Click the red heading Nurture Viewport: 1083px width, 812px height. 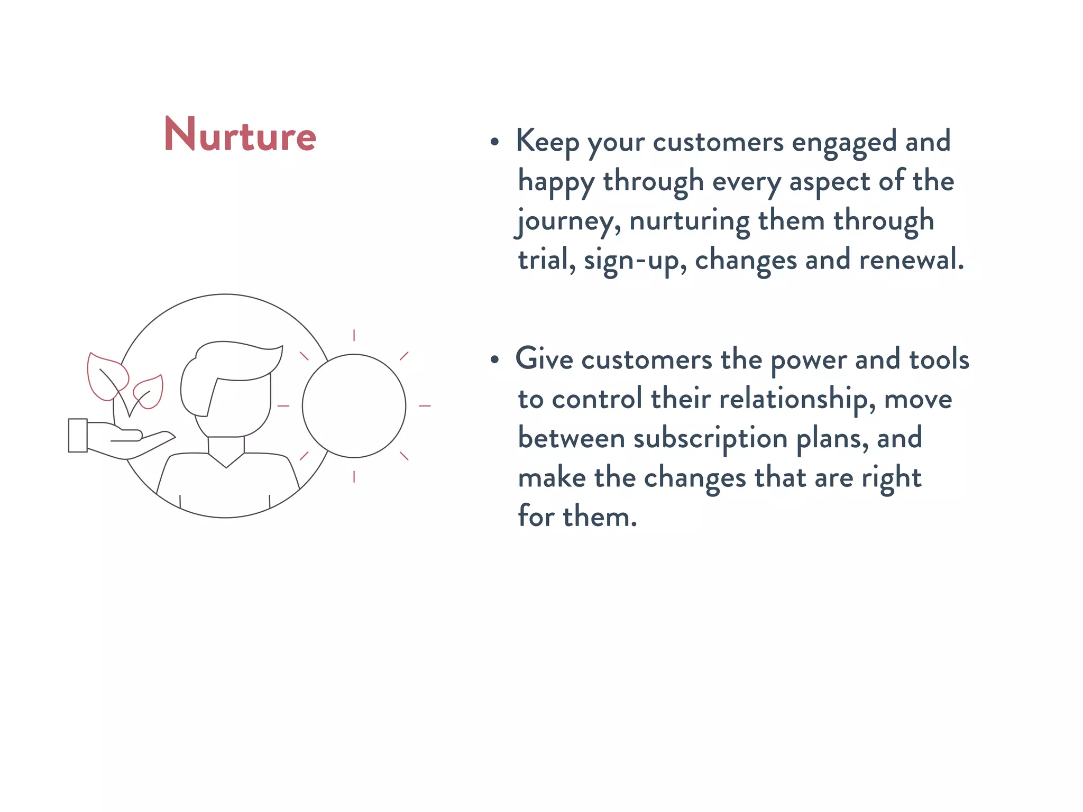click(240, 135)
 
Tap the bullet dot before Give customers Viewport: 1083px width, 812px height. click(494, 360)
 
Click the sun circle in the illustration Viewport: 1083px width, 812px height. click(354, 406)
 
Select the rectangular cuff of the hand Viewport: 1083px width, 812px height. click(78, 435)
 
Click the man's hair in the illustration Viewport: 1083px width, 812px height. click(233, 359)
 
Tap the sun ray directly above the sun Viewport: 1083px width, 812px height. click(354, 335)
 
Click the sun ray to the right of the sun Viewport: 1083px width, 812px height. click(425, 406)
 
